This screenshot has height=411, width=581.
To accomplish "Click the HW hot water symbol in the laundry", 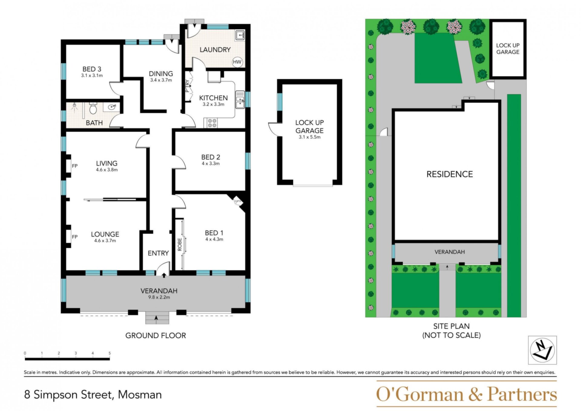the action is [x=237, y=62].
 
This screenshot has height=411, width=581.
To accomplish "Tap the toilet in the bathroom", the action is [x=93, y=108].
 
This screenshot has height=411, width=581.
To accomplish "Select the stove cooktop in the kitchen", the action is [x=212, y=123].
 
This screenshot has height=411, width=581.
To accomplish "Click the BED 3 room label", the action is [x=92, y=69].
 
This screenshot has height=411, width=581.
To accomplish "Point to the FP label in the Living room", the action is [x=75, y=166].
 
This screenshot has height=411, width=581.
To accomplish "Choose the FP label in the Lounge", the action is [x=75, y=237].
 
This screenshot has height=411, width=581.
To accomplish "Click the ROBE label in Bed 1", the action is [x=180, y=244].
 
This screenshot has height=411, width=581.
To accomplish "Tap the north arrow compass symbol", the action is [x=542, y=350].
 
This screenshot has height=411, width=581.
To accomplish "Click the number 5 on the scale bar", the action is [x=110, y=353].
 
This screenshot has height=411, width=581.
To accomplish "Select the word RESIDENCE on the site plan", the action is [x=450, y=174].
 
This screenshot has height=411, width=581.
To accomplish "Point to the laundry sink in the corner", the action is [x=240, y=35].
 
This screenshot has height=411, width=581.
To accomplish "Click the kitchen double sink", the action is [x=240, y=99].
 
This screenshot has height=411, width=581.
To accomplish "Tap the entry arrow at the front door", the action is [x=164, y=275].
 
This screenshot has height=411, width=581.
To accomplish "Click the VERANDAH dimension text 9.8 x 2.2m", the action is [x=159, y=297].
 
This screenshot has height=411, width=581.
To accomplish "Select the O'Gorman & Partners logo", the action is [x=466, y=394].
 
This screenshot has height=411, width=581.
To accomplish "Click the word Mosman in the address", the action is [x=140, y=395].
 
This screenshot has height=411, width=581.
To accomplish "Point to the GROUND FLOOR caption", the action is [x=156, y=336].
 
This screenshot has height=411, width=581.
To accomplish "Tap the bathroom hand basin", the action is [x=112, y=107].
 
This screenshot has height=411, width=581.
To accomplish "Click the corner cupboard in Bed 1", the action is [x=238, y=201].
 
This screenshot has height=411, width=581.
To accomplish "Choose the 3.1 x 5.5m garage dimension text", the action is [x=310, y=137].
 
